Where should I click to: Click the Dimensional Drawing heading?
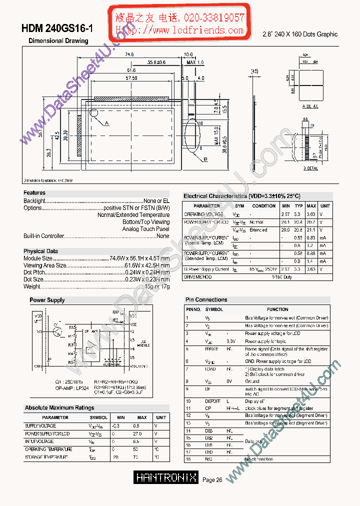point(58,41)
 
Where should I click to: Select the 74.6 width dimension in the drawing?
point(129,54)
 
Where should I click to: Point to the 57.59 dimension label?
point(131,78)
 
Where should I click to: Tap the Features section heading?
point(34,192)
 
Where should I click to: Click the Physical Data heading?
point(40,251)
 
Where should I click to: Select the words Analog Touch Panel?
point(146,229)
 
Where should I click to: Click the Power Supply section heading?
point(47,300)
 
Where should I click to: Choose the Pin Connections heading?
point(206,299)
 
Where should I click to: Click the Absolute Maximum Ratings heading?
point(59,408)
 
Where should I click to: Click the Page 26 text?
point(212,480)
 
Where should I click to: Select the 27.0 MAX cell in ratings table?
point(142,433)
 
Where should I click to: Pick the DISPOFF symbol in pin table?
point(212,401)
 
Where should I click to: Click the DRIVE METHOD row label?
point(198,276)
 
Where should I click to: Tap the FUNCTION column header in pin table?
point(277,309)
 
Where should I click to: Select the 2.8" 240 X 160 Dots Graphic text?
point(300,34)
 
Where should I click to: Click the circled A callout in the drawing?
point(106,122)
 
